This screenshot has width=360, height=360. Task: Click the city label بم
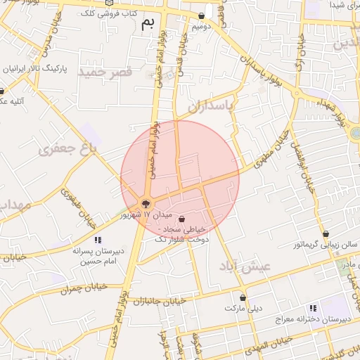(147, 23)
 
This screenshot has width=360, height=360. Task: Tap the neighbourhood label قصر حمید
(105, 72)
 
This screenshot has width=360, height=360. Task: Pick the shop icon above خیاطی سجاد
(183, 218)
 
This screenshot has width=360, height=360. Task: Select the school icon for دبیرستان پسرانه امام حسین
(97, 240)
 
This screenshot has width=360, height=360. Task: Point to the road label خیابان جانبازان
(162, 301)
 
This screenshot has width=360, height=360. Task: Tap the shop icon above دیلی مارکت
(243, 298)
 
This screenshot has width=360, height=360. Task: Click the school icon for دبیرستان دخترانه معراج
(312, 308)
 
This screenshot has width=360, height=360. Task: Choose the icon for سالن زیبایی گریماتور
(326, 234)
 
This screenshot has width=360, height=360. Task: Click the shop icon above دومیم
(202, 16)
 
